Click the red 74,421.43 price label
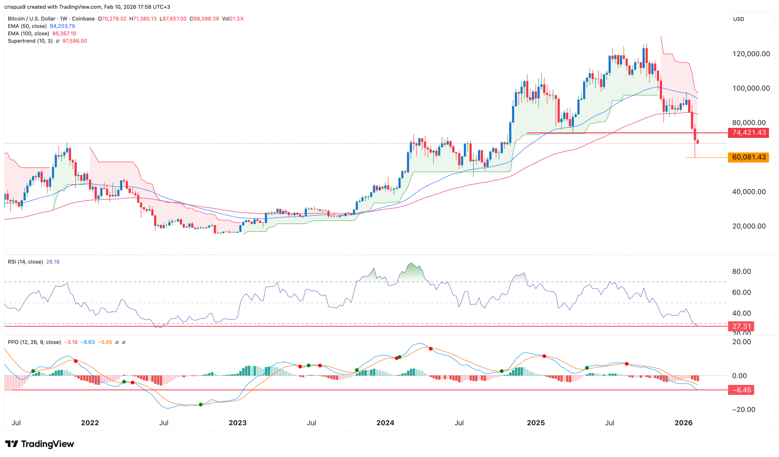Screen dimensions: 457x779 point(748,133)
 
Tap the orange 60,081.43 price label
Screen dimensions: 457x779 point(748,158)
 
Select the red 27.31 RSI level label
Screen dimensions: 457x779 point(741,326)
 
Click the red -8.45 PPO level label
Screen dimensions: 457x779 point(741,390)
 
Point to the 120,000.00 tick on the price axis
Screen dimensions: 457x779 point(751,54)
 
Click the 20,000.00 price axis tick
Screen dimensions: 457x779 point(749,226)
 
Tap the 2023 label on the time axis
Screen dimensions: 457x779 point(237,423)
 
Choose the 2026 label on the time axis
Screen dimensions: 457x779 point(683,423)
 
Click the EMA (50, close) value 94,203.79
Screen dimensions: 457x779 point(62,26)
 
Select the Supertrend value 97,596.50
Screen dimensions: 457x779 point(75,41)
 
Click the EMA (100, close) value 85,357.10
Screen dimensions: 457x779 point(64,34)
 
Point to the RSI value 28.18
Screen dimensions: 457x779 point(53,262)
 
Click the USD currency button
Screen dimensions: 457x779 point(739,19)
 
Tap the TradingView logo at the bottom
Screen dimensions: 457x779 point(40,444)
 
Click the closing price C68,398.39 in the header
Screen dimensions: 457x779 point(204,19)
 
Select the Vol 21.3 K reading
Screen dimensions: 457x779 point(233,19)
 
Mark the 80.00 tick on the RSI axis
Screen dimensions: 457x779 point(741,272)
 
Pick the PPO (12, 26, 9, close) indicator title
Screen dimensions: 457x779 point(34,342)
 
